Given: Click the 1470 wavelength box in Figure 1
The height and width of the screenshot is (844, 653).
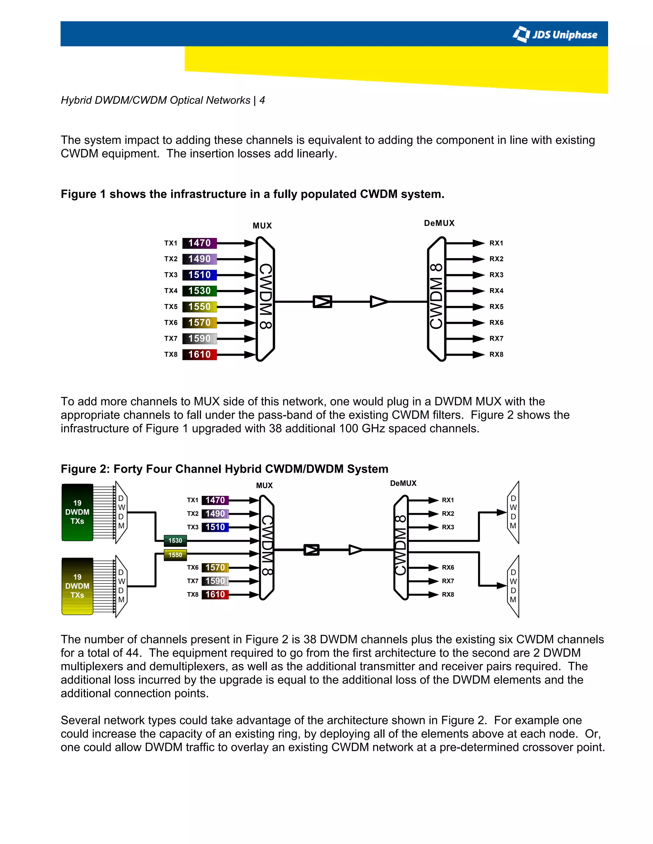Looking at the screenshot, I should click(199, 243).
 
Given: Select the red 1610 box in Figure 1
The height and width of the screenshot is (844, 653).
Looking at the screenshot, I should click(199, 354).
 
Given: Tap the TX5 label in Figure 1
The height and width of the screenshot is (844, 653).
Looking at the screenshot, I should click(171, 307).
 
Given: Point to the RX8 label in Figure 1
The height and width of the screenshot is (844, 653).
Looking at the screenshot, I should click(496, 354).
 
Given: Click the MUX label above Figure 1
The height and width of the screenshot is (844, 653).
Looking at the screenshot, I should click(262, 226).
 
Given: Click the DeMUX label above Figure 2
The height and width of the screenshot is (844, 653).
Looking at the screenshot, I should click(403, 483).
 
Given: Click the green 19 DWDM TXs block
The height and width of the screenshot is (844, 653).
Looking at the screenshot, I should click(77, 512).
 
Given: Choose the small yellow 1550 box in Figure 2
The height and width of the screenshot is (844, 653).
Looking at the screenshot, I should click(175, 555).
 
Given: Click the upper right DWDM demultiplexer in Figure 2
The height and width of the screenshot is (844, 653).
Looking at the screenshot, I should click(513, 512).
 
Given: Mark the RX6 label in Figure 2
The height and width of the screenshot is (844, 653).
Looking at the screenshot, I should click(448, 567).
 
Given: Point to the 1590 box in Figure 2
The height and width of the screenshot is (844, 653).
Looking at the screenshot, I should click(215, 581).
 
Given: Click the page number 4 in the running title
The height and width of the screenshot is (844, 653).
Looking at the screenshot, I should click(262, 100).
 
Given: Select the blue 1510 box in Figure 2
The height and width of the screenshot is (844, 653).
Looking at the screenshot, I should click(215, 527).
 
